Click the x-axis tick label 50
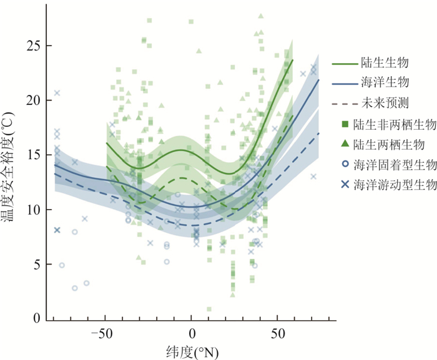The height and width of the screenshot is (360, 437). pos(279,334)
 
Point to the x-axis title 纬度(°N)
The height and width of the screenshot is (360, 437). pos(194,351)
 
